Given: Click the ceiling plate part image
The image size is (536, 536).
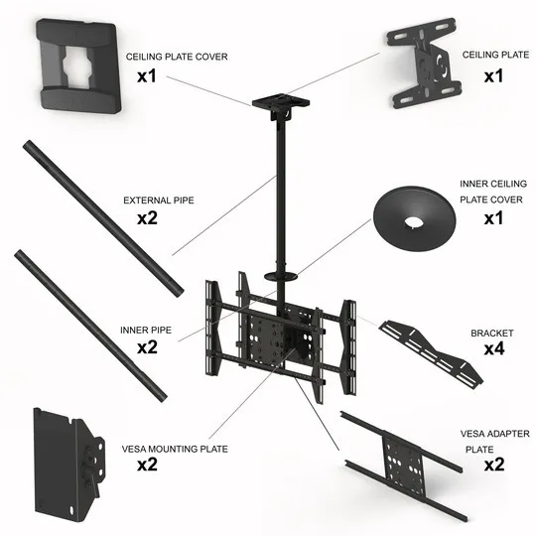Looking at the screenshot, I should [x=423, y=67].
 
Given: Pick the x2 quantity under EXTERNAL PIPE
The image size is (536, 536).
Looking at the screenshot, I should [x=149, y=218].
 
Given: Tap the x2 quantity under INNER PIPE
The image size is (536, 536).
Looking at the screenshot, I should [x=149, y=347].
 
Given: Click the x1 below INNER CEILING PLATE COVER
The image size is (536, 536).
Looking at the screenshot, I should [x=494, y=218].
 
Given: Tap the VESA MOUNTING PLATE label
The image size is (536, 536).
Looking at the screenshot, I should [x=176, y=449].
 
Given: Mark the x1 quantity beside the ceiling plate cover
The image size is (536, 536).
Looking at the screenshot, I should [x=149, y=75].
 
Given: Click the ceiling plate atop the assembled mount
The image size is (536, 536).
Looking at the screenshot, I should [x=275, y=104].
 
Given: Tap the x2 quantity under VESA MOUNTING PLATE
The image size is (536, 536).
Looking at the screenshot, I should [x=149, y=466].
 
